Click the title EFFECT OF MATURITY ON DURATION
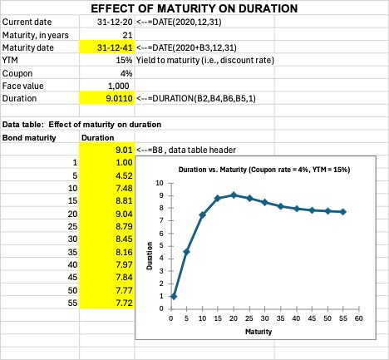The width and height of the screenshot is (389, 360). coord(193,8)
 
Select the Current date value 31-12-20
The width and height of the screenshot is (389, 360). coord(113,22)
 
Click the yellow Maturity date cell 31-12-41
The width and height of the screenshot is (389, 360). coord(113,47)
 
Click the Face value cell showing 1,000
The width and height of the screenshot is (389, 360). coord(119,86)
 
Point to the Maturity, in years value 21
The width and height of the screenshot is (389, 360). coord(126,35)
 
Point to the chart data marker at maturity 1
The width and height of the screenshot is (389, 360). coord(173,296)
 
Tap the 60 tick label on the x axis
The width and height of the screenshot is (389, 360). coord(358,317)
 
